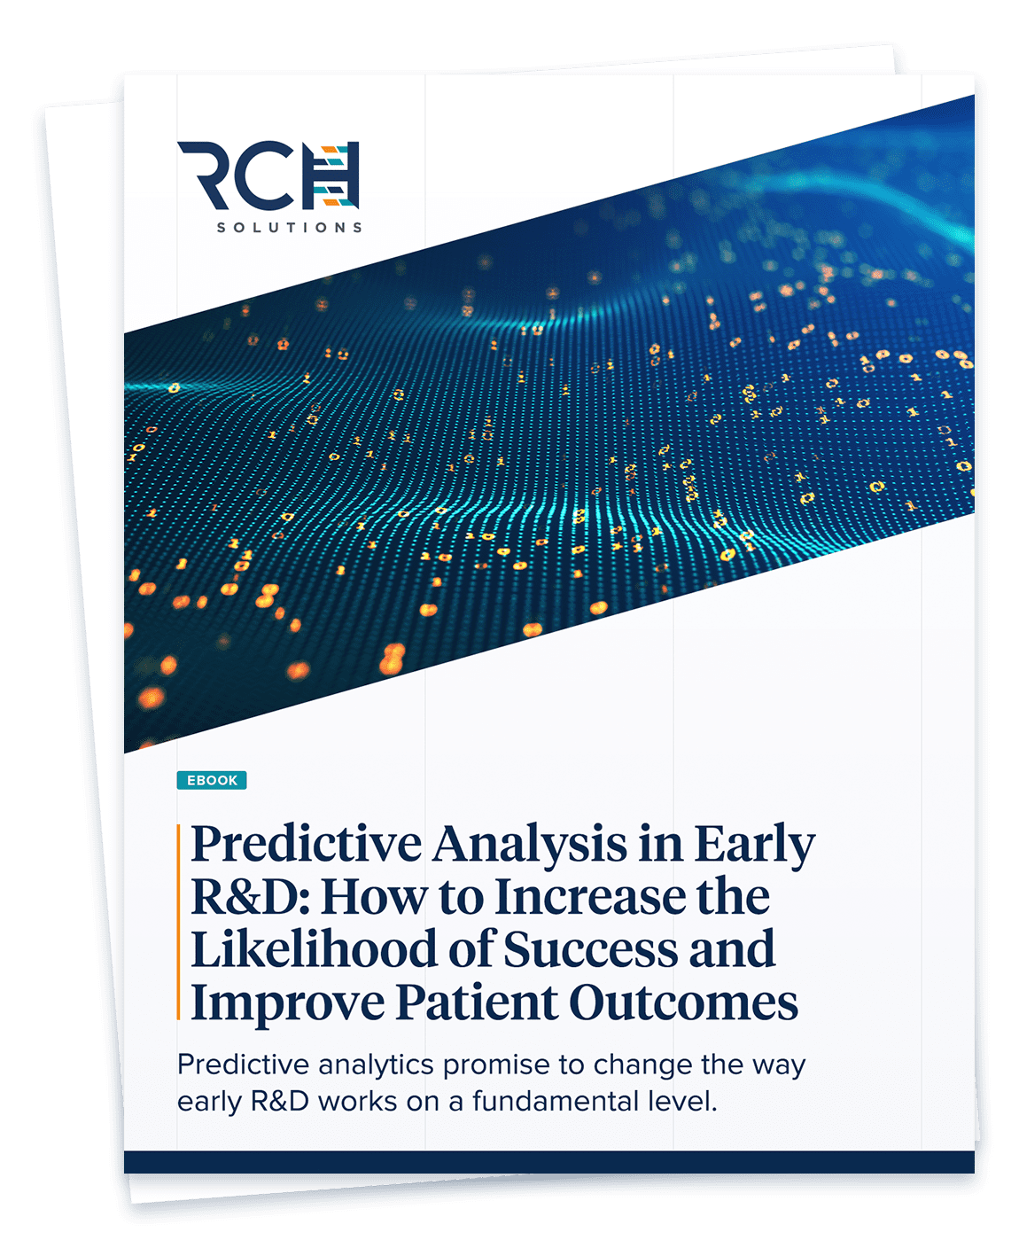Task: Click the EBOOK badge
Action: [211, 780]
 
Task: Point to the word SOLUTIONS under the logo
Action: [290, 227]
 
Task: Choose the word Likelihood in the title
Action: [314, 949]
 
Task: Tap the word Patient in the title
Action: [477, 1002]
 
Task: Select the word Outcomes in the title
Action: [683, 1002]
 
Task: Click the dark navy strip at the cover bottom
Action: [549, 1162]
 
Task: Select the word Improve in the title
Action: [287, 1003]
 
